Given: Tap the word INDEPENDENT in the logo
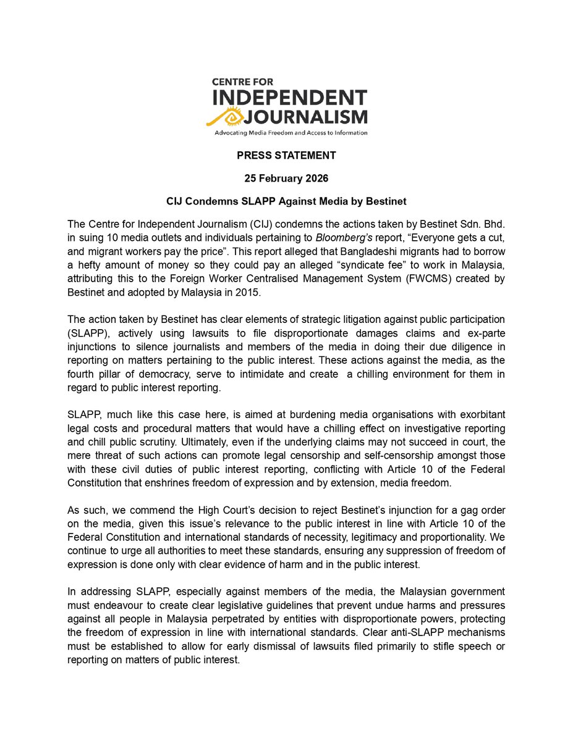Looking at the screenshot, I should click(x=290, y=98).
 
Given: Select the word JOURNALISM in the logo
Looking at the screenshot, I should click(x=306, y=116).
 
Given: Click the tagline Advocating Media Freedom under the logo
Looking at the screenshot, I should click(x=291, y=132).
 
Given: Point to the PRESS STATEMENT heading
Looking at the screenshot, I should click(x=286, y=155).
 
